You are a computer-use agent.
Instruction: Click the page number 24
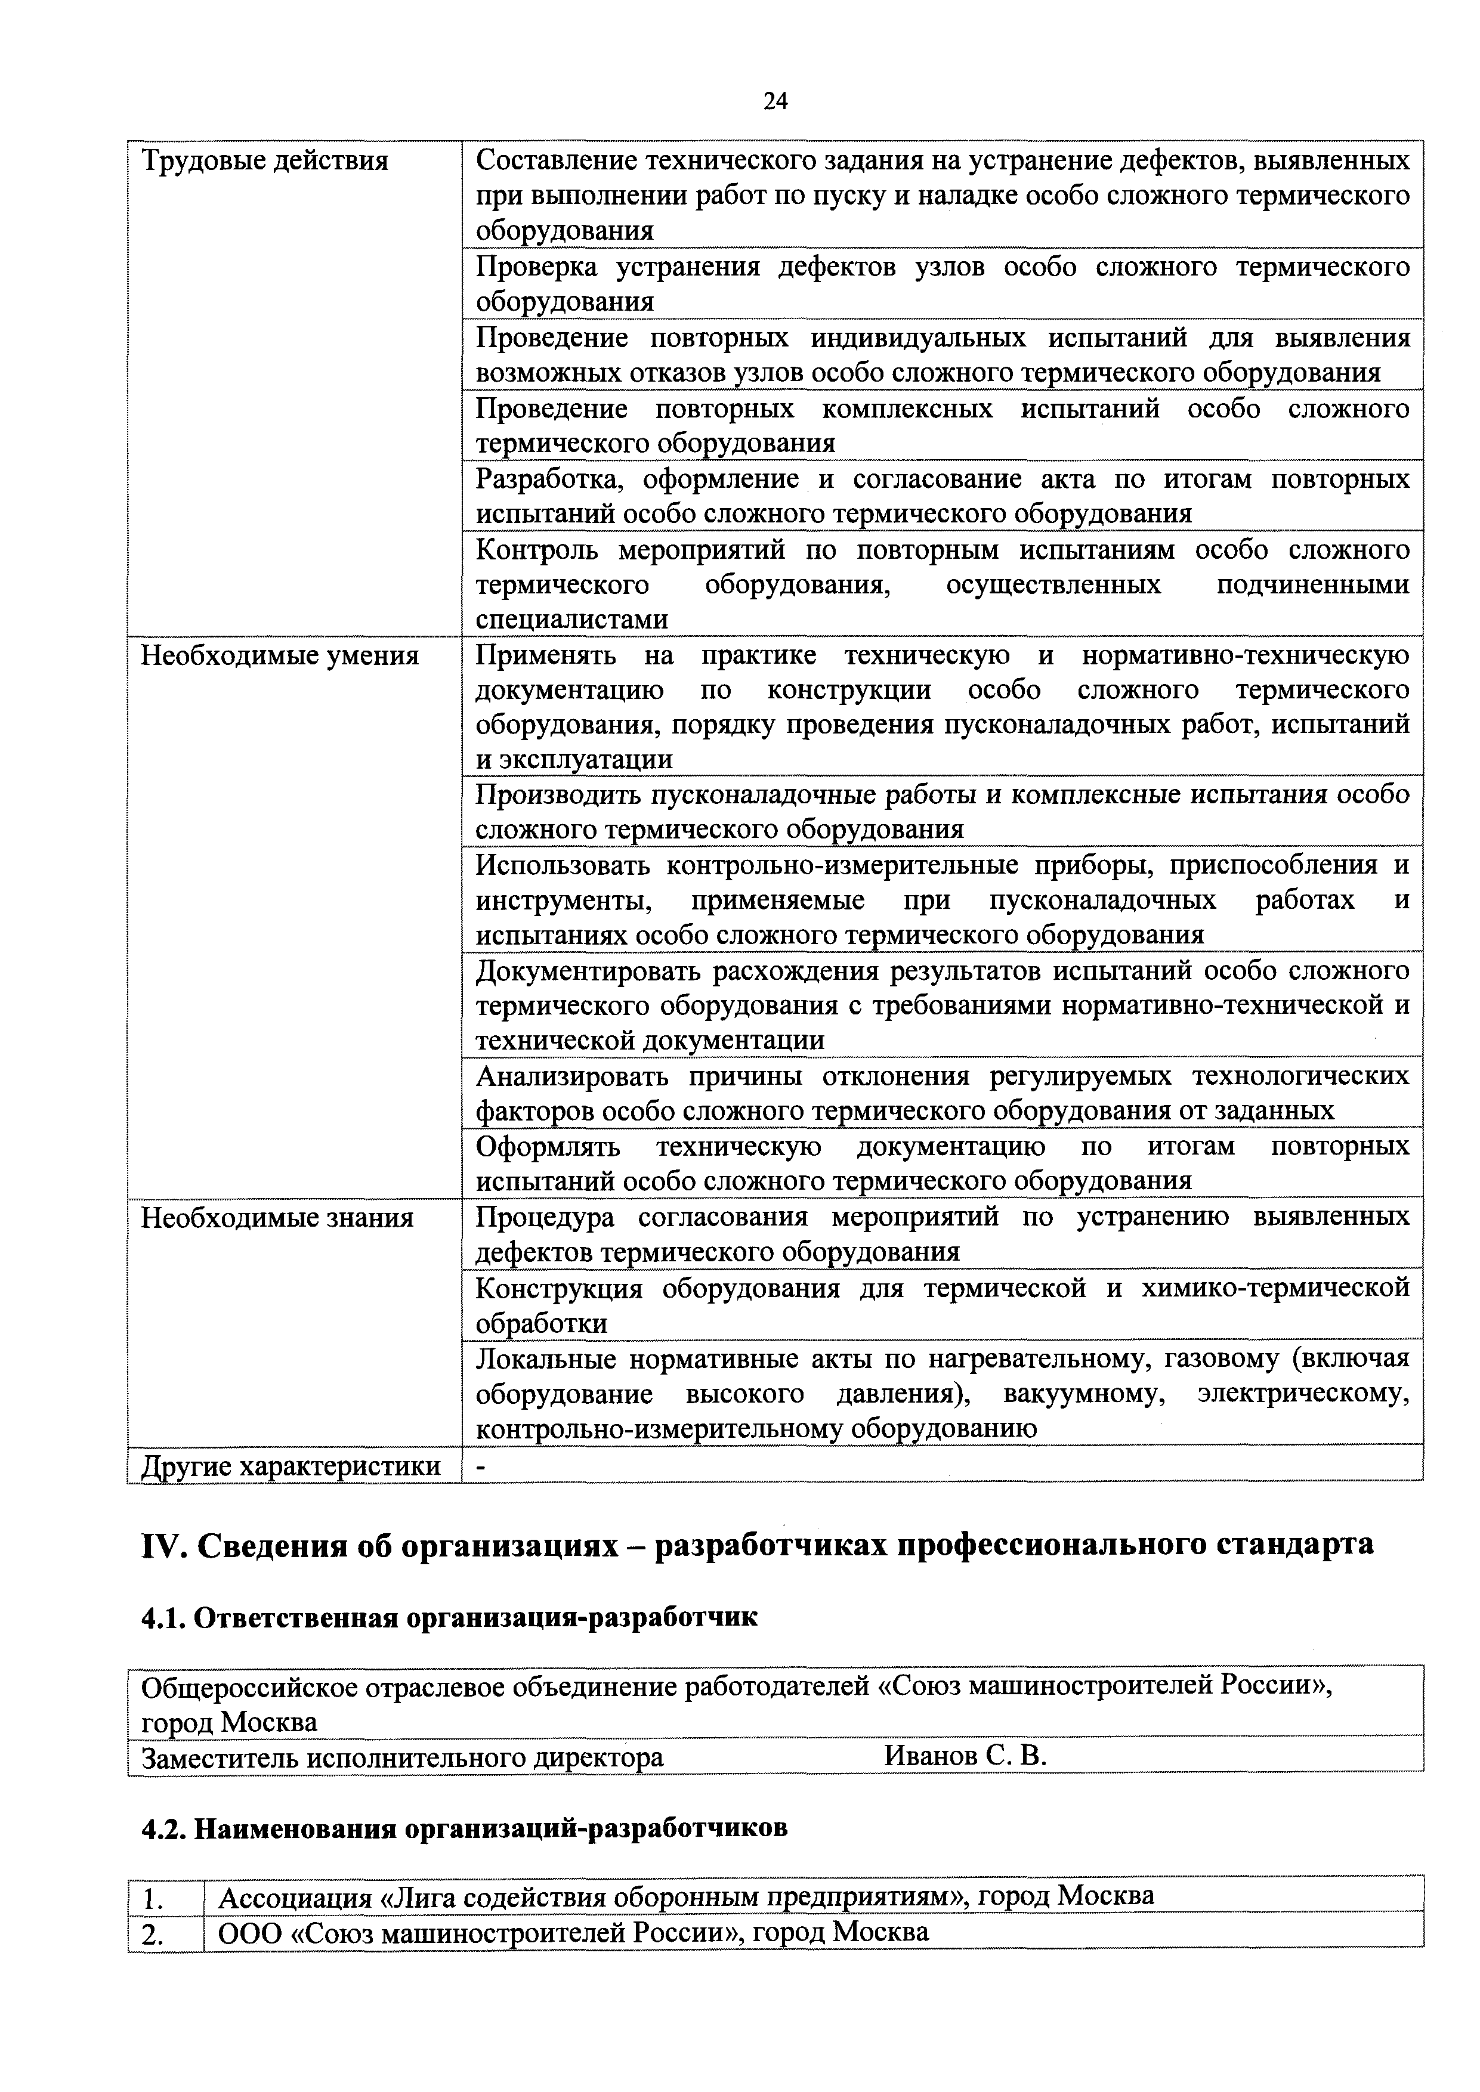point(775,101)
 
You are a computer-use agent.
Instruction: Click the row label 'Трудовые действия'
point(264,161)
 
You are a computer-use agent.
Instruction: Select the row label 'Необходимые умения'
point(280,656)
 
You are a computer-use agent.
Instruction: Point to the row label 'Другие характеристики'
point(291,1466)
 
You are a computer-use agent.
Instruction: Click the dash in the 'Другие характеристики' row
point(482,1466)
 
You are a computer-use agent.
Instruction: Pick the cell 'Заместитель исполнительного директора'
point(403,1757)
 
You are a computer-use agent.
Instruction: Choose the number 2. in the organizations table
point(152,1933)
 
